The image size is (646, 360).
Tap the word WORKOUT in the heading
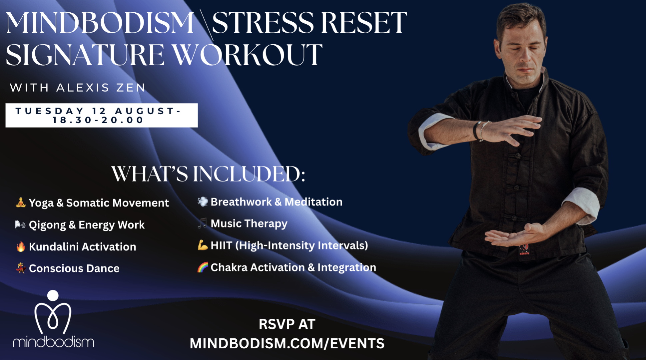click(248, 55)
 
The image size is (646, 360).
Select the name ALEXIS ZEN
click(101, 88)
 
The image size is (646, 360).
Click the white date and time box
click(102, 115)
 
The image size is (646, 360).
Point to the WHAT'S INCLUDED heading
click(208, 174)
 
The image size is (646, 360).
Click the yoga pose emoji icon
click(21, 202)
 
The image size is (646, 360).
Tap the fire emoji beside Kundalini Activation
click(21, 246)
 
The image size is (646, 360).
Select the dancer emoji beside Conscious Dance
click(21, 268)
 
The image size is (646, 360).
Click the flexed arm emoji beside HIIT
click(203, 245)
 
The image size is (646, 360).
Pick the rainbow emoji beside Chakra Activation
click(203, 267)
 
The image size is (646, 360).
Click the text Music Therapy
click(249, 223)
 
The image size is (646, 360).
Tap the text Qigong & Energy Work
click(87, 225)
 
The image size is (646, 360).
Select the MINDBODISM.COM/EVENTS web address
click(287, 344)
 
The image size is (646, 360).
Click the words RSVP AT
click(287, 324)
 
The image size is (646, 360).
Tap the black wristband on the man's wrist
click(476, 130)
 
